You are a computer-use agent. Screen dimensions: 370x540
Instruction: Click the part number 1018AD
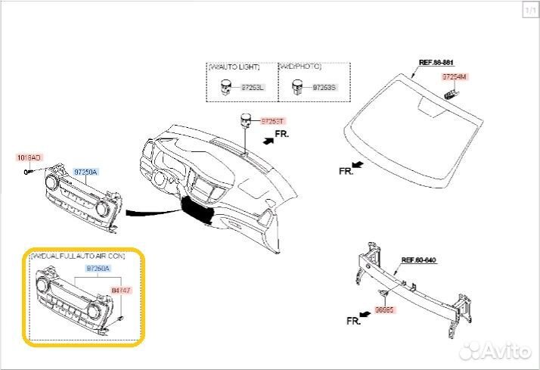click(x=29, y=157)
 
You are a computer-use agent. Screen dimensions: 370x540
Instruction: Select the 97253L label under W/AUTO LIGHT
click(x=253, y=88)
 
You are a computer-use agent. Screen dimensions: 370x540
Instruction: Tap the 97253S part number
click(x=323, y=88)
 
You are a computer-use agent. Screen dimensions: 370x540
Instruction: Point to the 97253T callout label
click(x=274, y=121)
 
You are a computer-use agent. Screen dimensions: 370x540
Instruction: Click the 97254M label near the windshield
click(x=455, y=77)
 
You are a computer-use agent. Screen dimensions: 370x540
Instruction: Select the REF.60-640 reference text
click(x=418, y=260)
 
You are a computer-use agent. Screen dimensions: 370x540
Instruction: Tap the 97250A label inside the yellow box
click(x=98, y=269)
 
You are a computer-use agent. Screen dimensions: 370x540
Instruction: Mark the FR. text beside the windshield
click(x=346, y=172)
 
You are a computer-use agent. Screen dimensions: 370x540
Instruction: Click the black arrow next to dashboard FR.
click(x=266, y=140)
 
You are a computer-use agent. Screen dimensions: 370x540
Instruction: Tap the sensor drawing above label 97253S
click(x=298, y=87)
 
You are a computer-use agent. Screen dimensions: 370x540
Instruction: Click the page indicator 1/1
click(x=529, y=10)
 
